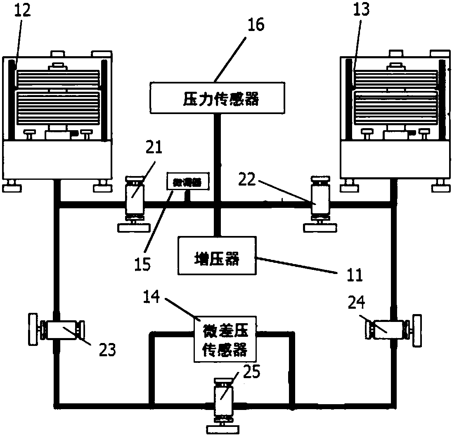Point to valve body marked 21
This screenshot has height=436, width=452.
(x=135, y=199)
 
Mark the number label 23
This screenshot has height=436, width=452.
(x=106, y=350)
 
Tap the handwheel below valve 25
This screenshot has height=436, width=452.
(x=222, y=429)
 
